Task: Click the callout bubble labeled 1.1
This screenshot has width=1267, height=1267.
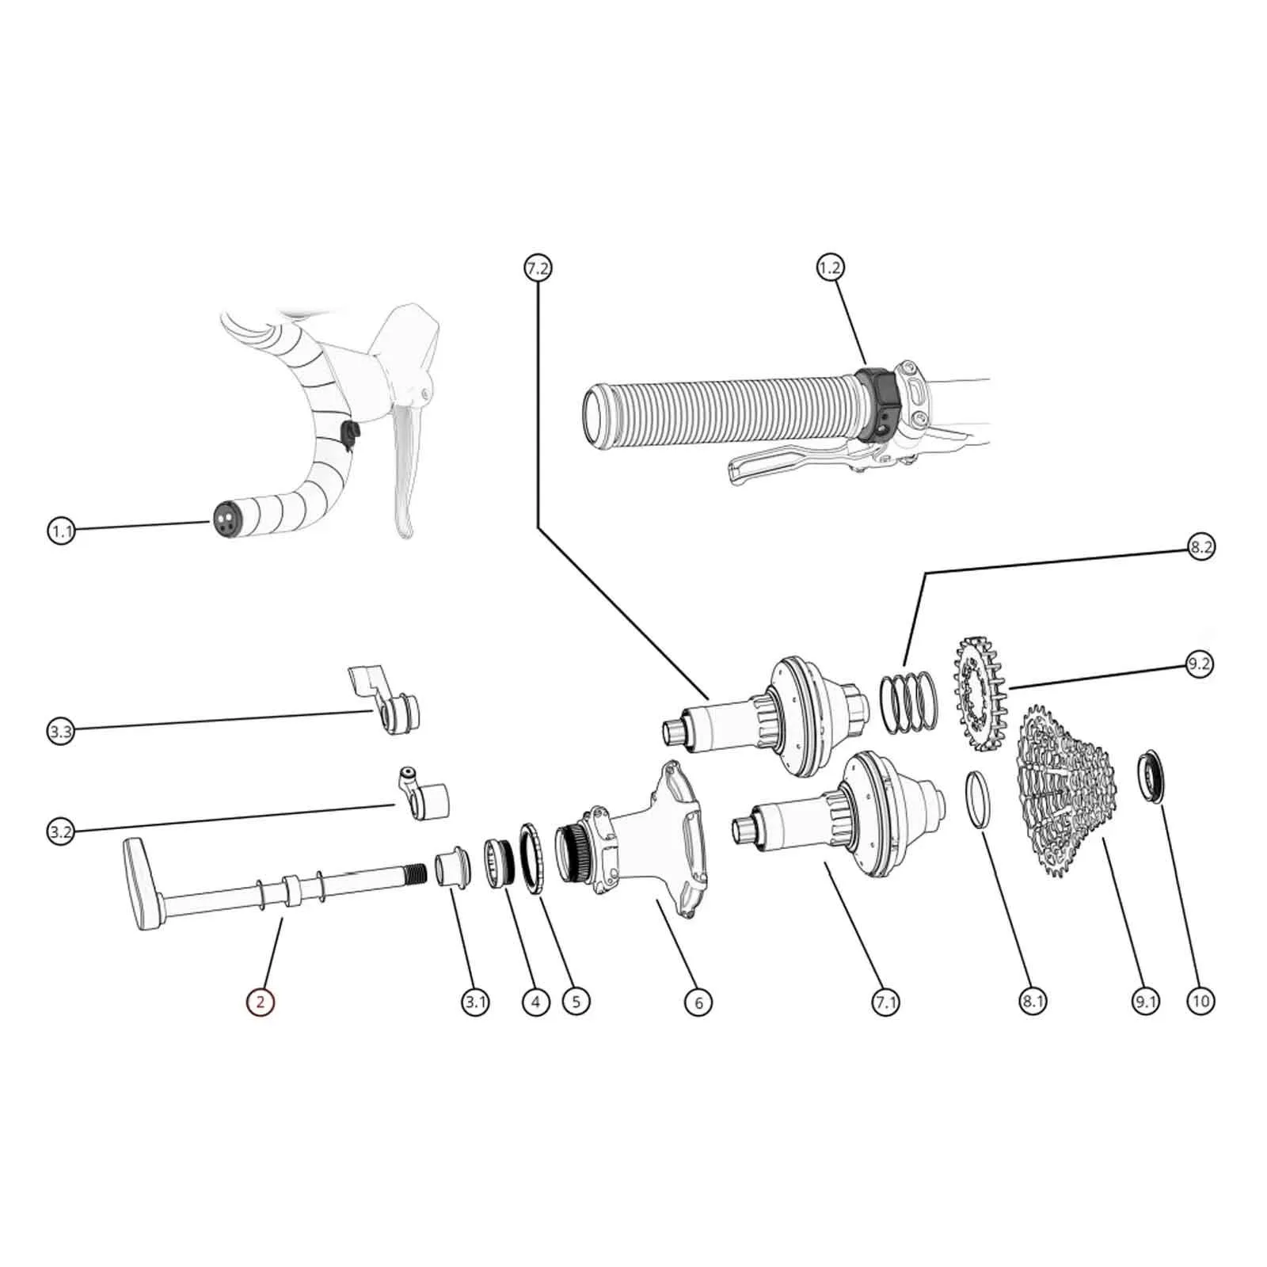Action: click(x=61, y=531)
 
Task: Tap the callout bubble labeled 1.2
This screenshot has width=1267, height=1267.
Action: click(x=829, y=268)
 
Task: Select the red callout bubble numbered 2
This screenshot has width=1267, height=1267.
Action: click(x=260, y=1002)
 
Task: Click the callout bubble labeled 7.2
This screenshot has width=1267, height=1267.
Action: click(x=537, y=268)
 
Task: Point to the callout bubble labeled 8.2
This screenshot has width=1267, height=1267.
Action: click(x=1200, y=546)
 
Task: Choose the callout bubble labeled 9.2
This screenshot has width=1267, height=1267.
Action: click(x=1199, y=663)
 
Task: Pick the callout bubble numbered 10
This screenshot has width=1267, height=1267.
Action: click(x=1200, y=1001)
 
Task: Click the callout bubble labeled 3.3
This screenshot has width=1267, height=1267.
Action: click(x=61, y=731)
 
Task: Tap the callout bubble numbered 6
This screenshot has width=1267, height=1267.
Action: click(x=698, y=1002)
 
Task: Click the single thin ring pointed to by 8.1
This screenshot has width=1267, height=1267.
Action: click(x=976, y=800)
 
